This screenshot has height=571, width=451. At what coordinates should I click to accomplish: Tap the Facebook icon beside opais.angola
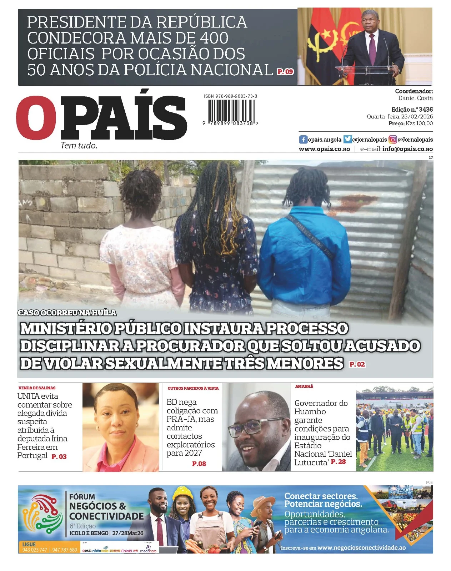303,140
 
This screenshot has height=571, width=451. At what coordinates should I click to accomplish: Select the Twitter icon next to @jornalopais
348,140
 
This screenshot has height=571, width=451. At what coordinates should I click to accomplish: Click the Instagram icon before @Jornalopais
393,140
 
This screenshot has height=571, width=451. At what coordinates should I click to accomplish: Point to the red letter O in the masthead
36,118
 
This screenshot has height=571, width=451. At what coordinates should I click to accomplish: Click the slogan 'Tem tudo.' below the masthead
79,145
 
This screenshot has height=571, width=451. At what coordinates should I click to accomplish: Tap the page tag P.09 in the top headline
285,71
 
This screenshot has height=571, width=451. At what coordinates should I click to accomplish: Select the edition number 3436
426,110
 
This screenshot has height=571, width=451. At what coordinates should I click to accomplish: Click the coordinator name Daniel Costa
415,98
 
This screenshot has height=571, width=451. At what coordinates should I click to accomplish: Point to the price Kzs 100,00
419,123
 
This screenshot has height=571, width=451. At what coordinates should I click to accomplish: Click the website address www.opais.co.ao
324,149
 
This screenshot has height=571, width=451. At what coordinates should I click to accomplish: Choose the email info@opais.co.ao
407,149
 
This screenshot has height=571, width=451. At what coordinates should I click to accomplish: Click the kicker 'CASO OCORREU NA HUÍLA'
67,313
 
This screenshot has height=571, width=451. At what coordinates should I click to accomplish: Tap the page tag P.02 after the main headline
357,364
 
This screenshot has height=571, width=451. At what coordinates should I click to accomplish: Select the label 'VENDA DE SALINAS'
37,388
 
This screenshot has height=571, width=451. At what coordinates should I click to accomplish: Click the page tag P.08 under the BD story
199,464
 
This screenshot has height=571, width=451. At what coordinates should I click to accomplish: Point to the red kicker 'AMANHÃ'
304,386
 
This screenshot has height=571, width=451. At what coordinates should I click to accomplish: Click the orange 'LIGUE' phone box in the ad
49,547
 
